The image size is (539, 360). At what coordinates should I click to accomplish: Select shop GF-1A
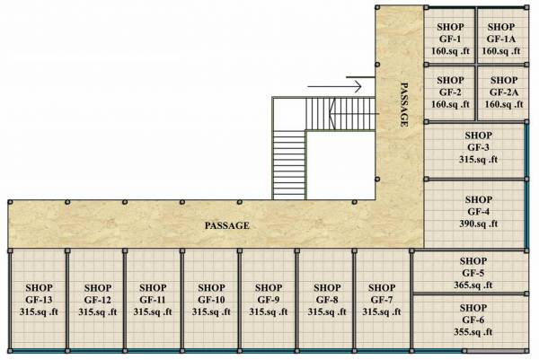(501, 40)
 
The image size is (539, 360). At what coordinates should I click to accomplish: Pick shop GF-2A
(501, 92)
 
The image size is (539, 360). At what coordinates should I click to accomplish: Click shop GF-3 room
(478, 147)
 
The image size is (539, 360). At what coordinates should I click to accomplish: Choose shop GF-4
(478, 212)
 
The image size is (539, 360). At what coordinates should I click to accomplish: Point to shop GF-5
(473, 272)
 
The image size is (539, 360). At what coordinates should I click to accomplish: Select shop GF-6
(473, 320)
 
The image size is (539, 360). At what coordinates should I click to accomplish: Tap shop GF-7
(382, 299)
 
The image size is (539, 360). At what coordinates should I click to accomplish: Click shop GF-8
(323, 299)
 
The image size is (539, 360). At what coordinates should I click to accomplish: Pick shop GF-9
(268, 299)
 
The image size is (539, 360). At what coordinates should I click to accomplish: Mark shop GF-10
(210, 299)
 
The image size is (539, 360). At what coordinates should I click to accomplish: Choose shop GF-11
(153, 299)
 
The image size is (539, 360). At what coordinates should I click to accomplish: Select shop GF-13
(38, 299)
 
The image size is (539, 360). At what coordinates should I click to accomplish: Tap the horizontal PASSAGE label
(226, 225)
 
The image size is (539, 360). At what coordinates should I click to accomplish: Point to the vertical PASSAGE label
(404, 104)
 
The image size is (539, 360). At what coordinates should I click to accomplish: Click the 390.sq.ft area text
(480, 224)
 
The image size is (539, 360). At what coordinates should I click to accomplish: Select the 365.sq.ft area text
(473, 285)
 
